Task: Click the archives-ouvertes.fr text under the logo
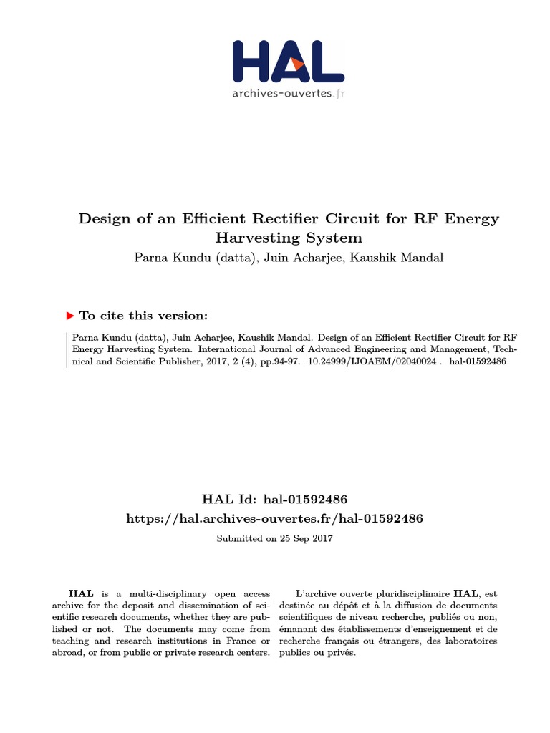coord(288,94)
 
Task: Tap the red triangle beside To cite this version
coord(70,316)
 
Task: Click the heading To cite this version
coord(143,316)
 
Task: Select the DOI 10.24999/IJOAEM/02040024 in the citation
coord(372,361)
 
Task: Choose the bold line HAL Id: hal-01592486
coord(275,498)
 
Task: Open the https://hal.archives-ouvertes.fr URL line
coord(275,518)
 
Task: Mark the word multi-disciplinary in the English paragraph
coord(149,593)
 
